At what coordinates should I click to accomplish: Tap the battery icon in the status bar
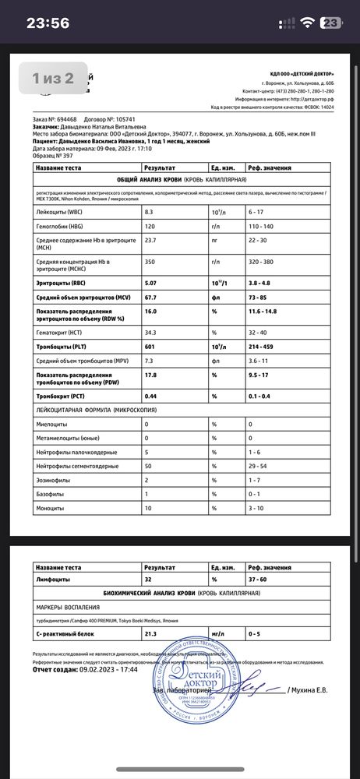(x=334, y=23)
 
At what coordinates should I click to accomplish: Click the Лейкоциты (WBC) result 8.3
(x=150, y=211)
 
